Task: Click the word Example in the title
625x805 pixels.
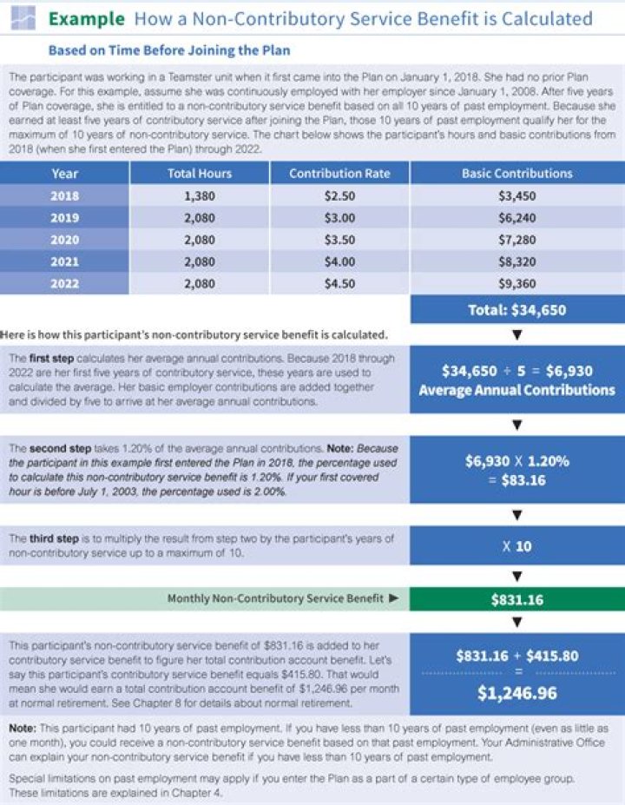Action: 86,18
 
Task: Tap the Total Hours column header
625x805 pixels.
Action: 200,173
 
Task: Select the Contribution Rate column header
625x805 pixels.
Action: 339,173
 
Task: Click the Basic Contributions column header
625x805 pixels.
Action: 516,173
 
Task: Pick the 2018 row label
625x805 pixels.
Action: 65,196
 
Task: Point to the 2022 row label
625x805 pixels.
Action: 65,282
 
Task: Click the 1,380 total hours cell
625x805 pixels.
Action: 200,196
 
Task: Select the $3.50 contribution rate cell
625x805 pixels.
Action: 339,239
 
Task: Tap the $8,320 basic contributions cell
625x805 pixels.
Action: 516,261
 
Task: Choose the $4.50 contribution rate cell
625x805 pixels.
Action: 339,282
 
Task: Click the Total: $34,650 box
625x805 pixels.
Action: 516,309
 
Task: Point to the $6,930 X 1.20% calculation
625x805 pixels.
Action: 516,470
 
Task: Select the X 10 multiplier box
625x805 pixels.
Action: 516,547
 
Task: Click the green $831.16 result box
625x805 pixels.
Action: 516,599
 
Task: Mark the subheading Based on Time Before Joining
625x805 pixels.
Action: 169,50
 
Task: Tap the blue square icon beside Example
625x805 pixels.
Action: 24,17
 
